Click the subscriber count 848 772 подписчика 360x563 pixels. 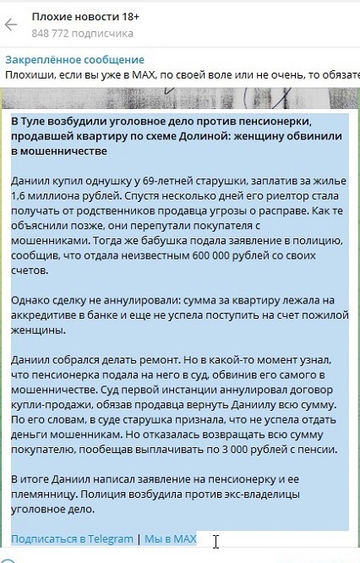[82, 34]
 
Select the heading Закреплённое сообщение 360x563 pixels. [74, 60]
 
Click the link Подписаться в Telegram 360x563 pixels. [73, 538]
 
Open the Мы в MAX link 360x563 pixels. [171, 538]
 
